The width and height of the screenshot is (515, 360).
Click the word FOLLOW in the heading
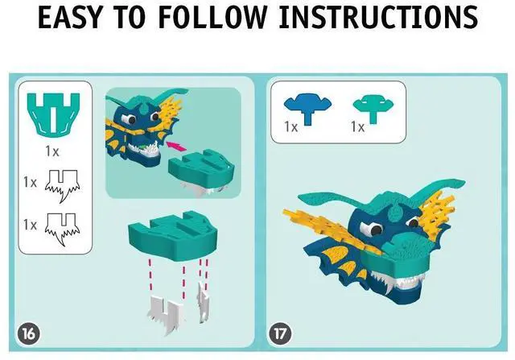point(212,18)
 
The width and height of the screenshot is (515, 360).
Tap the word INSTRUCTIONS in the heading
point(378,18)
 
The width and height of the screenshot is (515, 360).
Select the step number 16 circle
point(29,333)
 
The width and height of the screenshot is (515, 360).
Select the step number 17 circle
point(280,333)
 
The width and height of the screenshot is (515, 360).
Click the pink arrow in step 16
point(176,146)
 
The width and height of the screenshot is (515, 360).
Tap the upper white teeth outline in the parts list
point(62,184)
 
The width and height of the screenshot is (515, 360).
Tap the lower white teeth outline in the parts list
point(62,228)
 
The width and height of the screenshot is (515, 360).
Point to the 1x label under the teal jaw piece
point(51,151)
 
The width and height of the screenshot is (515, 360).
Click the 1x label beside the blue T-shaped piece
point(291,126)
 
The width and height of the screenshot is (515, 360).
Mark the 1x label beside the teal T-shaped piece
point(357,126)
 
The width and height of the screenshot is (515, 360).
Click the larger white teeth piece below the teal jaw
point(165,314)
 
